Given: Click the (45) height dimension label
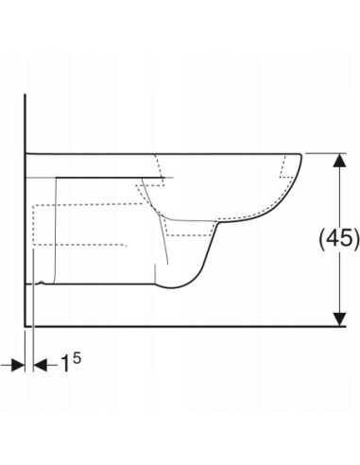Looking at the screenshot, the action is click(x=339, y=239).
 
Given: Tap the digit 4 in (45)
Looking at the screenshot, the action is click(x=333, y=238).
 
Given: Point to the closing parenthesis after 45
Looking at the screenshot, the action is click(x=356, y=239).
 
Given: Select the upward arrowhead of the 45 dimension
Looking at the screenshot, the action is click(x=339, y=161).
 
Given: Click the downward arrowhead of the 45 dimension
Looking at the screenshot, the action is click(x=339, y=319).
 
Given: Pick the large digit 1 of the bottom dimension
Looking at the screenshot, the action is click(x=65, y=363).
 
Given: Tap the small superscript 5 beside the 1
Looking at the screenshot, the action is click(x=77, y=358).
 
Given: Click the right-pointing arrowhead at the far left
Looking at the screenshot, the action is click(x=18, y=365).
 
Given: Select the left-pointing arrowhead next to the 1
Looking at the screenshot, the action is click(x=40, y=365).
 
